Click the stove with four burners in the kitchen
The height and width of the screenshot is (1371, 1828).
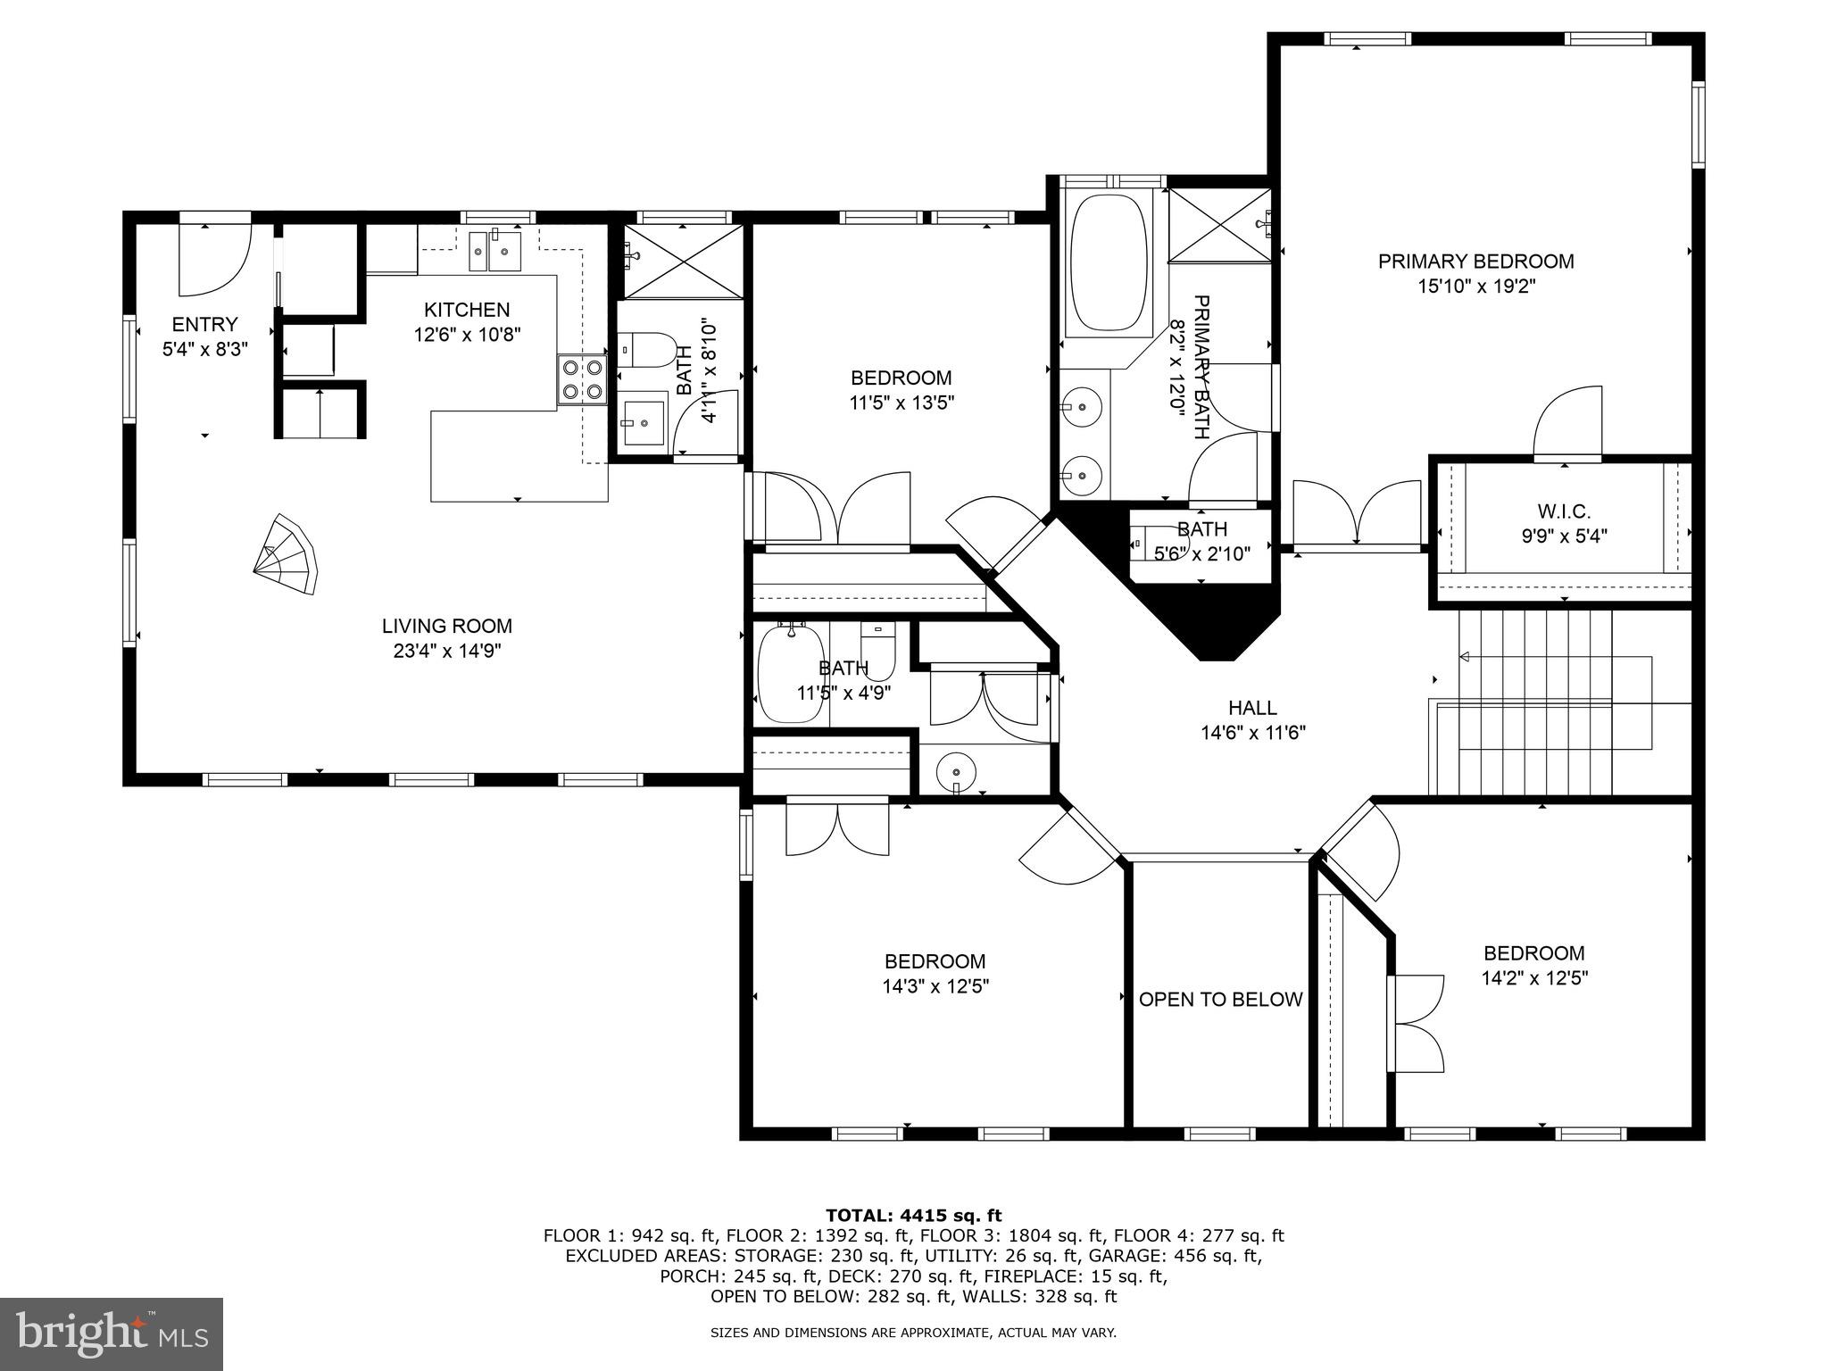[x=582, y=380]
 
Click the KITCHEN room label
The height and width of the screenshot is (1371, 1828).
[x=467, y=310]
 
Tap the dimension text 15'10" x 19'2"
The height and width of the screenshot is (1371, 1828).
[x=1475, y=287]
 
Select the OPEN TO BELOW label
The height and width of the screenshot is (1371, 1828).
[x=1220, y=1000]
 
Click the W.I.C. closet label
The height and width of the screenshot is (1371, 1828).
[x=1564, y=511]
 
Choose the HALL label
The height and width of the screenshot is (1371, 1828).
[x=1252, y=708]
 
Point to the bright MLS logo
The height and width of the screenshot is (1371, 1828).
[x=112, y=1334]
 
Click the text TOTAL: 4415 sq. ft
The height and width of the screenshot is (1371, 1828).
[x=913, y=1215]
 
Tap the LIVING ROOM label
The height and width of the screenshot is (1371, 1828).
[x=447, y=626]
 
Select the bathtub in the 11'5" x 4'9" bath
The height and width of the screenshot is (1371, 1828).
[x=789, y=676]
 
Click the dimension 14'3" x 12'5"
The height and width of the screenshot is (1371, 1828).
[x=935, y=986]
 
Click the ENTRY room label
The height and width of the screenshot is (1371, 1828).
[x=205, y=324]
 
